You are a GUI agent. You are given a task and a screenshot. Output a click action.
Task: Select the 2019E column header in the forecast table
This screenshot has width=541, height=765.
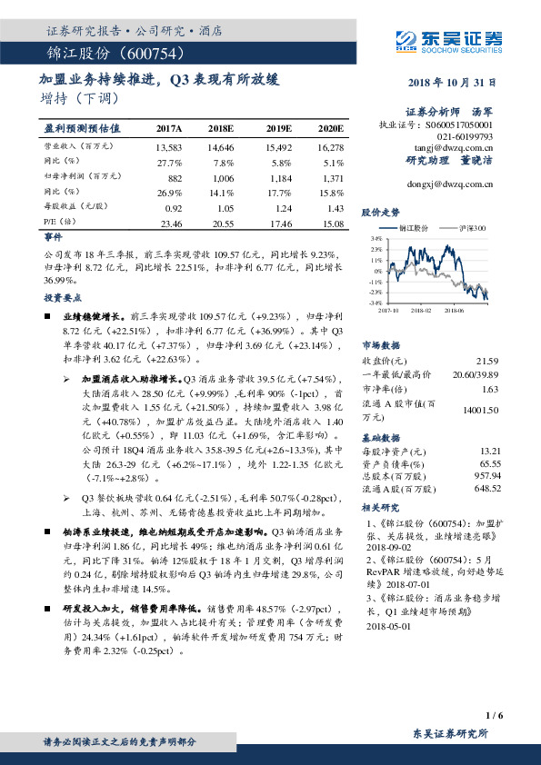pyautogui.click(x=278, y=128)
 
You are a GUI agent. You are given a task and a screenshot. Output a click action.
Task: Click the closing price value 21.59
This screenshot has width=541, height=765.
pyautogui.click(x=488, y=362)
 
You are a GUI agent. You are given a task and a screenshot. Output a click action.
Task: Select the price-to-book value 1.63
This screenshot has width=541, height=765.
pyautogui.click(x=490, y=389)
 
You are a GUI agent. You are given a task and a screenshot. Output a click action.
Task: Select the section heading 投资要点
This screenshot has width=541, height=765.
pyautogui.click(x=60, y=297)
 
